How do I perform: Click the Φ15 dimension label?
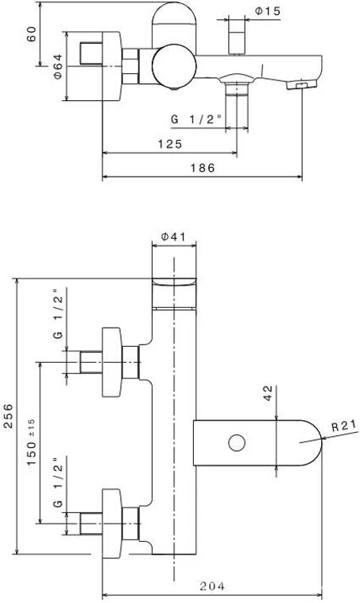click(268, 11)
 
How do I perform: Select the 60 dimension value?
click(32, 34)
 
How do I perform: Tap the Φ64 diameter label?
click(58, 66)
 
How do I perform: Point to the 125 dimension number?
click(170, 144)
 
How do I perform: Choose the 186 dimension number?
click(203, 168)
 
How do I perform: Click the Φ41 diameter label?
click(173, 236)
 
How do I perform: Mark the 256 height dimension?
click(9, 416)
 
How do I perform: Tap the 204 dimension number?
click(212, 586)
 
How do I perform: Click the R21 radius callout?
click(344, 426)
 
